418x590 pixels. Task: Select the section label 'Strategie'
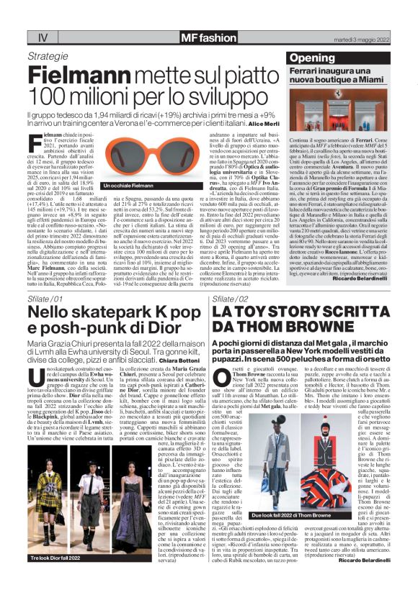[x=48, y=55]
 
